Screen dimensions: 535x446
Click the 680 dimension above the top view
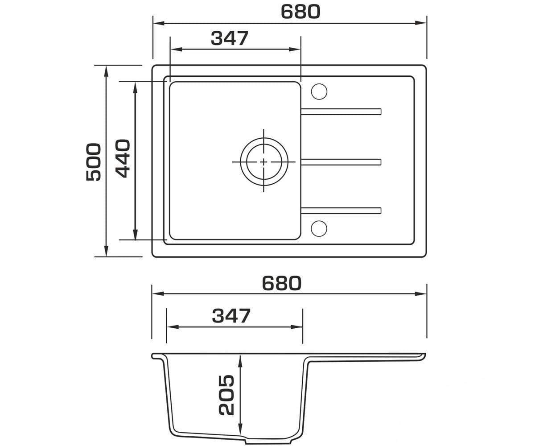tap(300, 12)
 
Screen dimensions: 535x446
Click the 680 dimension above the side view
tap(282, 283)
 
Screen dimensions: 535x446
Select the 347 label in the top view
tap(230, 38)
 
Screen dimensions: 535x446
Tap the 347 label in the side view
tap(231, 316)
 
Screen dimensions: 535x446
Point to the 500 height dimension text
tap(94, 162)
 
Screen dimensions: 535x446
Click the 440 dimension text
tap(123, 158)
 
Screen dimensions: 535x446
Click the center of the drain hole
tap(263, 162)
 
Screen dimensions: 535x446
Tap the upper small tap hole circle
tap(319, 91)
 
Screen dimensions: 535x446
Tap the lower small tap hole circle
tap(319, 228)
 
